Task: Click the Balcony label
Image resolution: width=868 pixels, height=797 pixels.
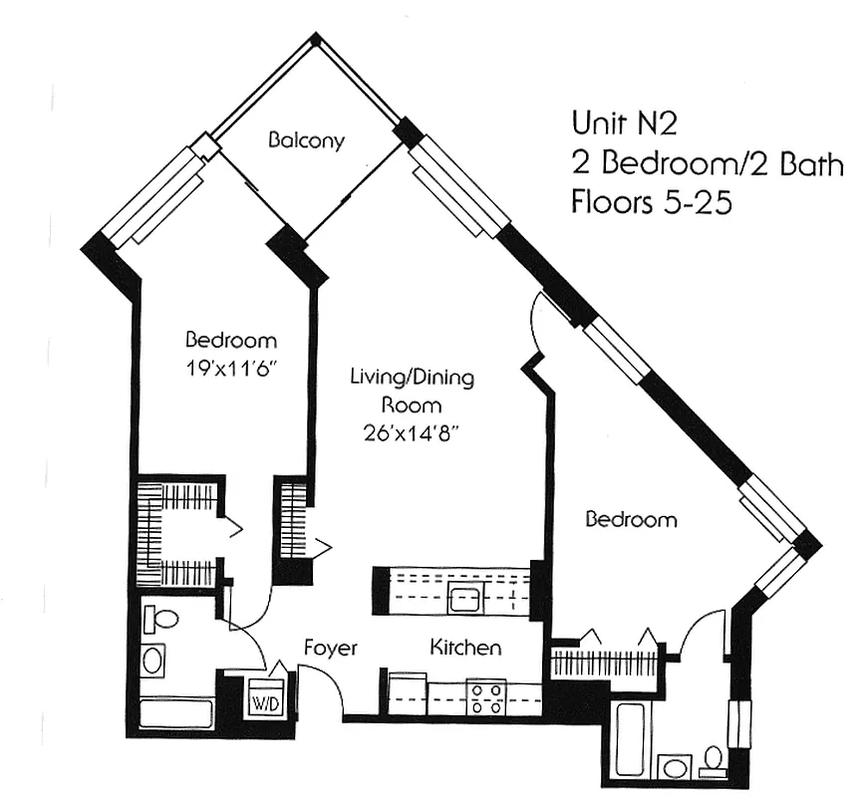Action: pos(306,140)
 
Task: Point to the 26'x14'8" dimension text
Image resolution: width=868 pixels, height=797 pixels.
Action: pos(411,433)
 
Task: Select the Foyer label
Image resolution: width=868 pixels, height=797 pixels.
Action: pos(330,649)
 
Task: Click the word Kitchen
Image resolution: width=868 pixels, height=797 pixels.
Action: pos(465,649)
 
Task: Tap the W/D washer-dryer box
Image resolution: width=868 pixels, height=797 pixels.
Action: pos(264,700)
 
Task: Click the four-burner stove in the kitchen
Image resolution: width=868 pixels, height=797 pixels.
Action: pos(485,696)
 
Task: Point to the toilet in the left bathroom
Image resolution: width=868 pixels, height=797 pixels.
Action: pos(159,619)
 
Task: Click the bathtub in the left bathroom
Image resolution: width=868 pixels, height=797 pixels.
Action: pos(176,714)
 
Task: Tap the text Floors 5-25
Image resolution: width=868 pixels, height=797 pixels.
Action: pos(652,202)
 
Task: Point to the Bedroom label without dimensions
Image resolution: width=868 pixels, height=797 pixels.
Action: pos(631,519)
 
